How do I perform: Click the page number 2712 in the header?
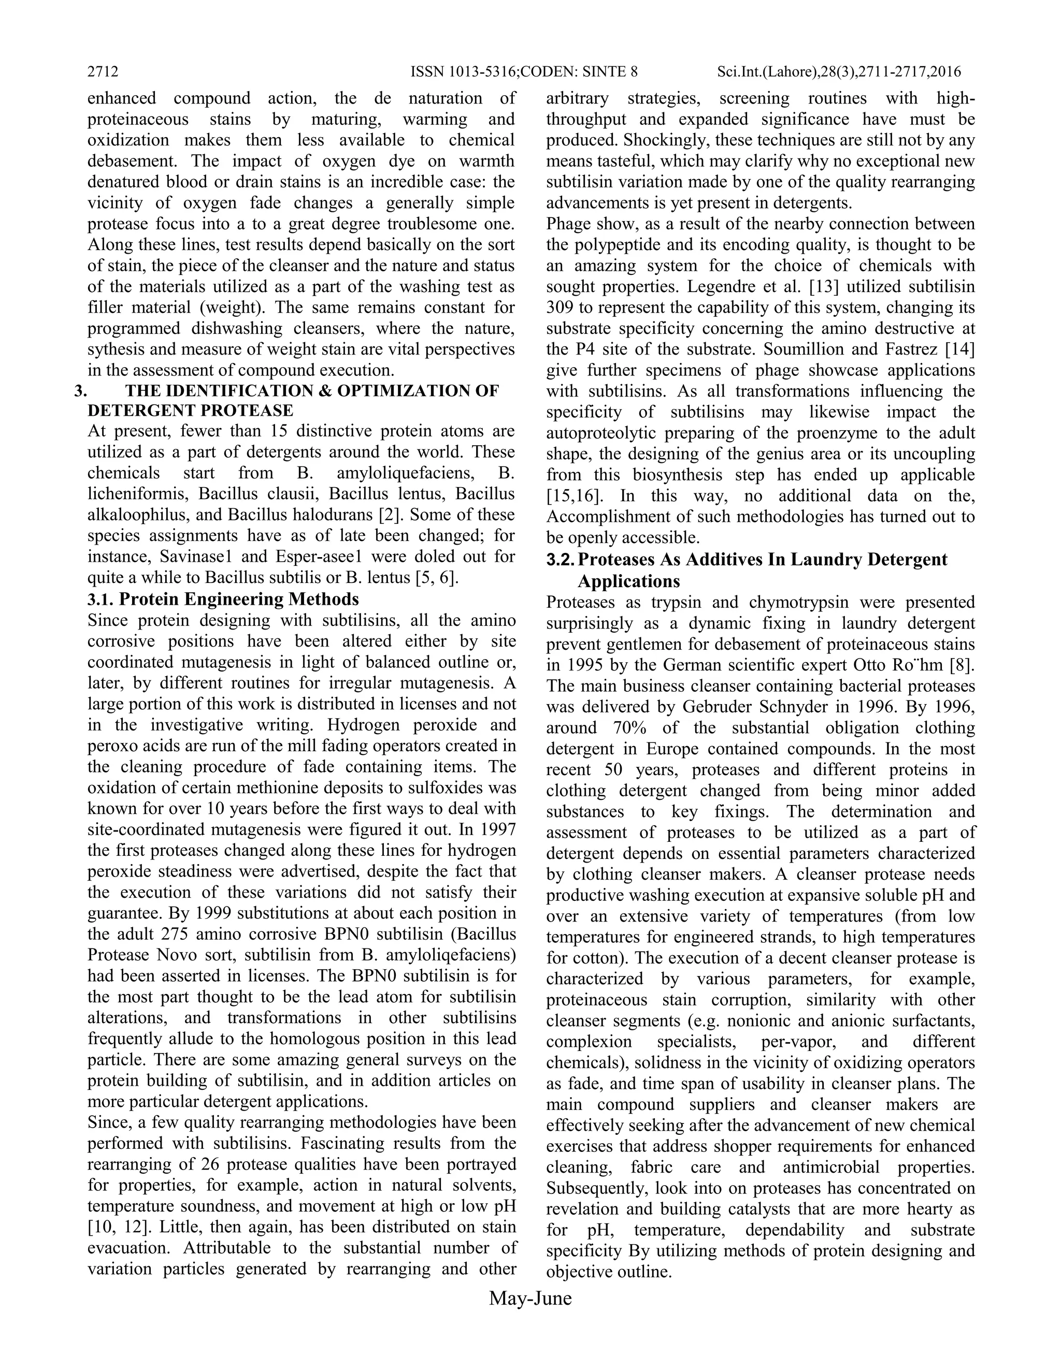pyautogui.click(x=103, y=71)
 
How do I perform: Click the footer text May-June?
pyautogui.click(x=530, y=1298)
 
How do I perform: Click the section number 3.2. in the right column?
pyautogui.click(x=561, y=559)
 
